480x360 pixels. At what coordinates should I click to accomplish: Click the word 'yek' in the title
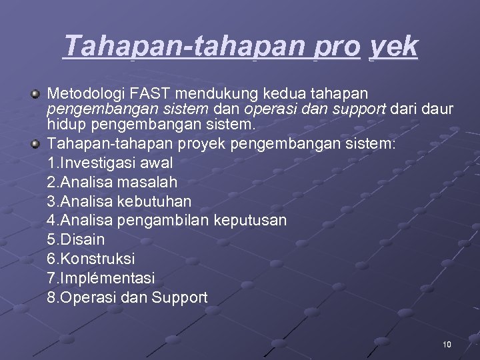(393, 47)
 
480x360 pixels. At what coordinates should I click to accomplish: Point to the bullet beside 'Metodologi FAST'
(35, 92)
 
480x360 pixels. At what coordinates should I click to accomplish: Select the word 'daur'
(438, 108)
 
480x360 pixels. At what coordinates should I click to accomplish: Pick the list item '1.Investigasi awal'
(110, 162)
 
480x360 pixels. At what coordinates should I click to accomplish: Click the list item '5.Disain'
(76, 239)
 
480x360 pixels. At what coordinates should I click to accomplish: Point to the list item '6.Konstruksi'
(91, 259)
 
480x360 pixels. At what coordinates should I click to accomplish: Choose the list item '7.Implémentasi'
(101, 278)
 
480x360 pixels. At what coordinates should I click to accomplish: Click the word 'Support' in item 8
(179, 297)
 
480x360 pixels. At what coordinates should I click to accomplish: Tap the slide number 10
(447, 345)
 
